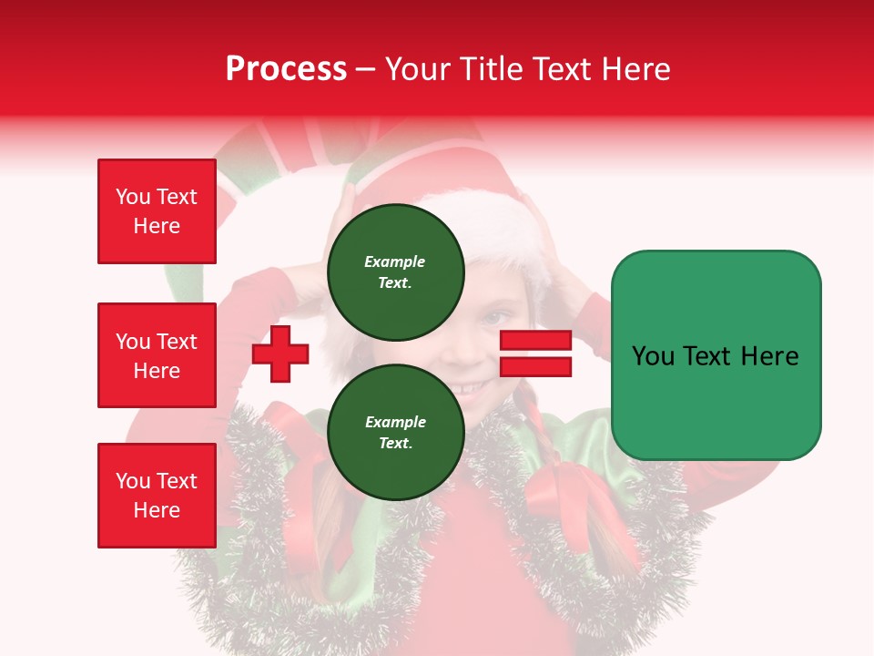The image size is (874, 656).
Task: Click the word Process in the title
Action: pyautogui.click(x=286, y=69)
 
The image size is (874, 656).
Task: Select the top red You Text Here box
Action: pyautogui.click(x=157, y=211)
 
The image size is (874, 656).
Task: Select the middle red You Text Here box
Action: pyautogui.click(x=157, y=355)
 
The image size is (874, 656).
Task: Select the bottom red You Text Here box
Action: pyautogui.click(x=157, y=496)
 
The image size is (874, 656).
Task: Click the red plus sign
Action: pyautogui.click(x=280, y=354)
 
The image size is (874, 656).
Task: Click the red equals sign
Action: pyautogui.click(x=535, y=354)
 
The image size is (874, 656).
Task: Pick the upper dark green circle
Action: pyautogui.click(x=395, y=272)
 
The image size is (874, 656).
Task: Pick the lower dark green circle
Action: pyautogui.click(x=395, y=432)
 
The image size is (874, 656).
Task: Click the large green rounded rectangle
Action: pyautogui.click(x=716, y=355)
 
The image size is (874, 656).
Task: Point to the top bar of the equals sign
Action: pyautogui.click(x=535, y=341)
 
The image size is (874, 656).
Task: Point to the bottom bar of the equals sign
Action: pyautogui.click(x=535, y=366)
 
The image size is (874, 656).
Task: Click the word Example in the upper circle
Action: pyautogui.click(x=395, y=261)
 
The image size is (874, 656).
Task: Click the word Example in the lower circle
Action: pyautogui.click(x=395, y=422)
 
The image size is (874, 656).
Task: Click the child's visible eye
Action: pyautogui.click(x=491, y=318)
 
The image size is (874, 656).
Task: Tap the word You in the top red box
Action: pyautogui.click(x=132, y=197)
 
